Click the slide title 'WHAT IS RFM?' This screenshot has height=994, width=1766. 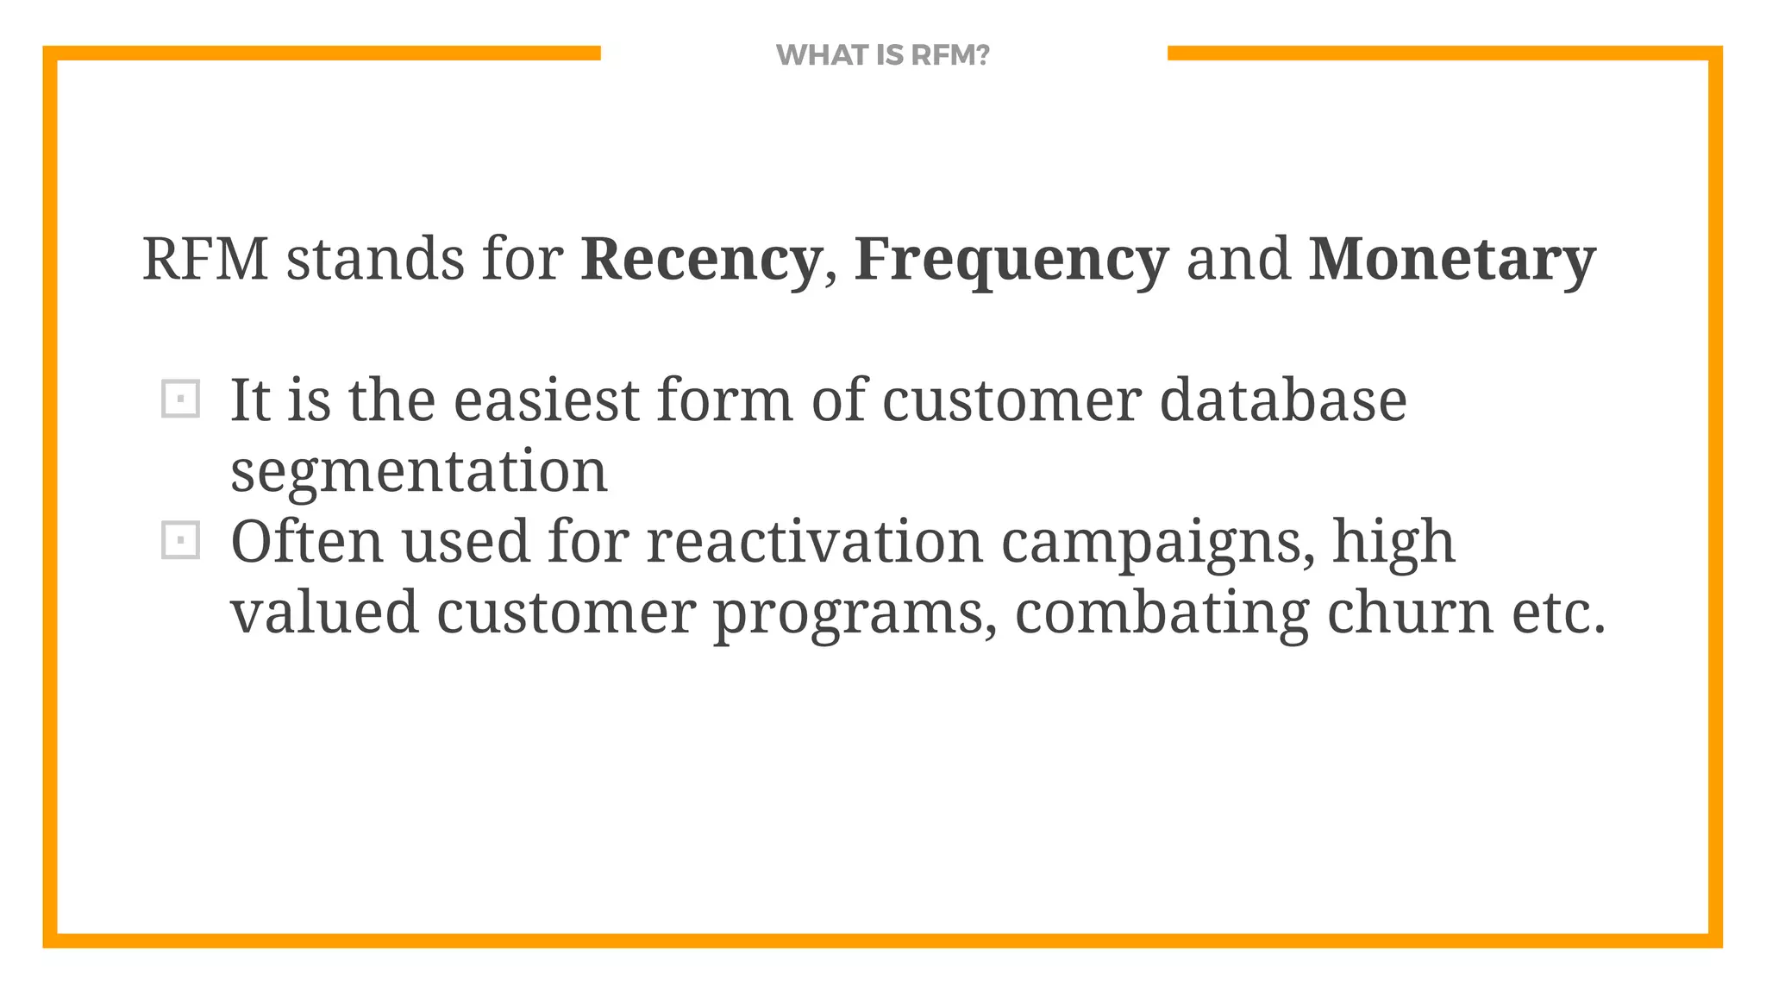pos(882,55)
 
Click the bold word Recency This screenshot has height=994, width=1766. pos(700,259)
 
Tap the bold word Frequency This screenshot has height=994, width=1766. pos(1011,259)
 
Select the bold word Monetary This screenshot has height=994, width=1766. pos(1452,259)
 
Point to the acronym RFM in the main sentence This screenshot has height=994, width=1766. pos(205,259)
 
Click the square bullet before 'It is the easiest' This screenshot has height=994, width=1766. pos(180,399)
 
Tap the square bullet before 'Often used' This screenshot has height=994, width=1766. pos(180,541)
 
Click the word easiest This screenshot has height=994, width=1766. pos(546,400)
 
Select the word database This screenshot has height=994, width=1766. pos(1283,400)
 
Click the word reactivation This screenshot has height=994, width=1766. pos(814,542)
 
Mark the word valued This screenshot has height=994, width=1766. pos(324,613)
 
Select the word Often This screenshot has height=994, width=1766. pos(307,542)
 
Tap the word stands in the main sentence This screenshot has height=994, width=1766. pos(375,259)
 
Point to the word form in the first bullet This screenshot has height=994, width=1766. pos(724,400)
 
